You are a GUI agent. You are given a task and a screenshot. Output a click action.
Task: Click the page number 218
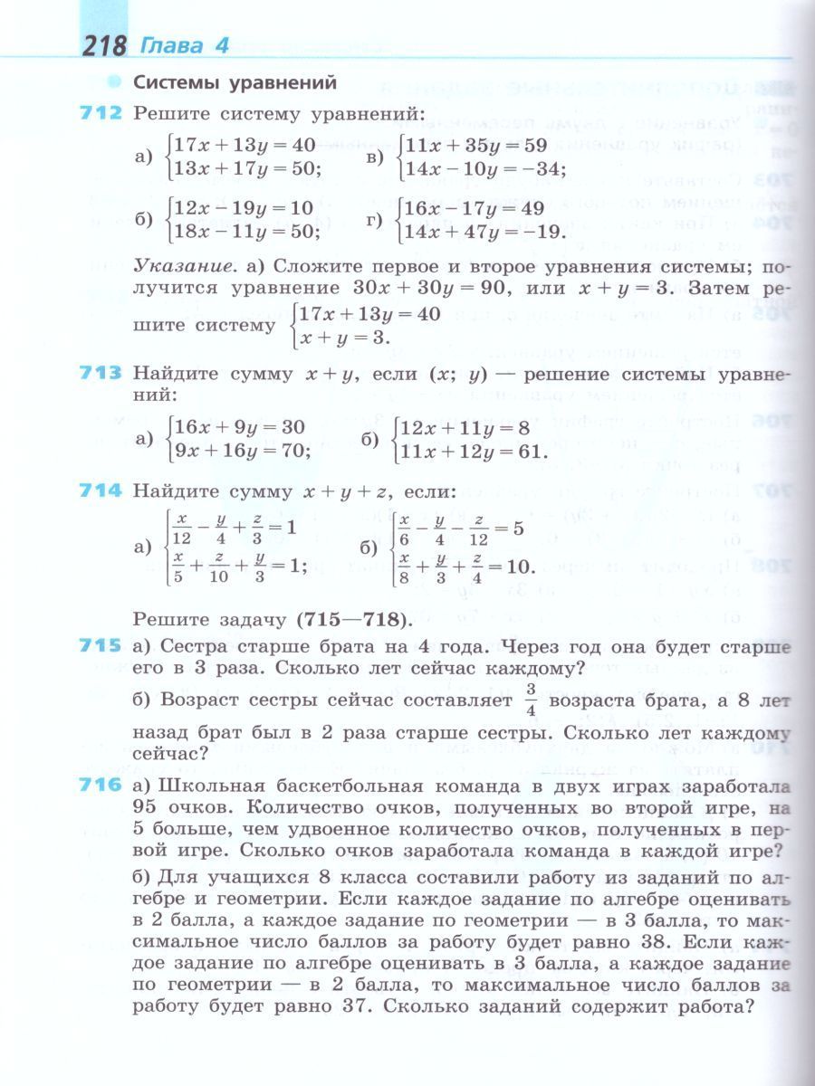[x=104, y=45]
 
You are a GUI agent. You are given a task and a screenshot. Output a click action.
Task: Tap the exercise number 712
[x=101, y=114]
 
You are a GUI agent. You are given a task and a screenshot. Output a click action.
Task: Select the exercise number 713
[x=101, y=373]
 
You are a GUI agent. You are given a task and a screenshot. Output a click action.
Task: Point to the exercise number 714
[x=101, y=491]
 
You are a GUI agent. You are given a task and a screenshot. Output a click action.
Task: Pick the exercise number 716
[x=101, y=786]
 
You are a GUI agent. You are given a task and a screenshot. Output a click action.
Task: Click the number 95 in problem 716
[x=146, y=807]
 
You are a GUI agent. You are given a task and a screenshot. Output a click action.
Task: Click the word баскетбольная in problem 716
[x=354, y=786]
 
